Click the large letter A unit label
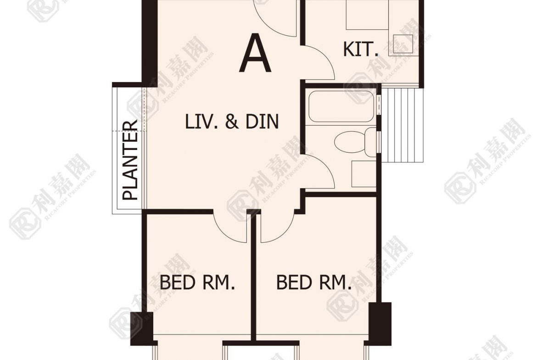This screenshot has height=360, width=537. pos(256,53)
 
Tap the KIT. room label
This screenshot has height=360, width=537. pos(361,49)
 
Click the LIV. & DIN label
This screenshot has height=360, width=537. pos(232,122)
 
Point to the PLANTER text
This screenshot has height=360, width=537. pos(130,160)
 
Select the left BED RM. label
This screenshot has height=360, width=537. pos(197,282)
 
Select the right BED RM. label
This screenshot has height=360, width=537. pos(313,282)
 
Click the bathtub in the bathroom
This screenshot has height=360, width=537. pos(341,106)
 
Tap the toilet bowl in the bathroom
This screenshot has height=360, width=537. pos(352,142)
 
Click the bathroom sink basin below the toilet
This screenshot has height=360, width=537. pos(364,173)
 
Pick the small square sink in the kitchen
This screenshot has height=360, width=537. pos(403,44)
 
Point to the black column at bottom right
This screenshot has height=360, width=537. pos(380,323)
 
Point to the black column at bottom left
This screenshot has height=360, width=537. pos(141,328)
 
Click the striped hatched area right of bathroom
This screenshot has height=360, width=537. pos(402,125)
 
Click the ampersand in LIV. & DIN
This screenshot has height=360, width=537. pos(232,122)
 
